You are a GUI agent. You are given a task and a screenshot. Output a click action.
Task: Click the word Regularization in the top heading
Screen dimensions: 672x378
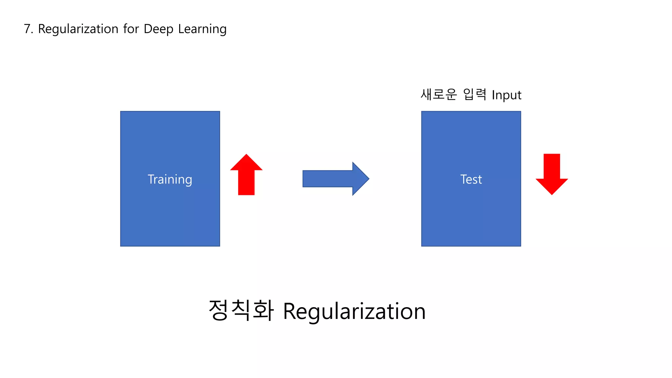[x=78, y=29]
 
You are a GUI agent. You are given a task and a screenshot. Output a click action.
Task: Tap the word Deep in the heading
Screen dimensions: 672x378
[x=158, y=29]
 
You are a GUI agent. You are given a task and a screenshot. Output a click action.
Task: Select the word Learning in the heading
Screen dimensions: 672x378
[x=202, y=29]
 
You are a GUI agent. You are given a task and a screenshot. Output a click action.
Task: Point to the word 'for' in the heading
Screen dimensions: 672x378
[x=131, y=29]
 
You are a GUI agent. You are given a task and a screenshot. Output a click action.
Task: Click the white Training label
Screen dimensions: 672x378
[x=170, y=179]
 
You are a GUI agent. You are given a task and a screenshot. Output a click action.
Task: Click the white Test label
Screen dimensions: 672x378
[x=471, y=179]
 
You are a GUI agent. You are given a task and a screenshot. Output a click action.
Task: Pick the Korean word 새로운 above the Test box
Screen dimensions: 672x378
[x=438, y=94]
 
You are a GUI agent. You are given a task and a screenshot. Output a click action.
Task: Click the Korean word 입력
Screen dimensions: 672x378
[x=474, y=94]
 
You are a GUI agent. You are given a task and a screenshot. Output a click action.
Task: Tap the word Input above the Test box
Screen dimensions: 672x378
[x=506, y=95]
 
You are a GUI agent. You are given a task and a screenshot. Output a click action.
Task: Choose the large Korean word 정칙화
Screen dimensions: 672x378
[x=241, y=310]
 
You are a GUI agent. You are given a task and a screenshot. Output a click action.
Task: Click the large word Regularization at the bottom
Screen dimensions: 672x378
[x=354, y=311]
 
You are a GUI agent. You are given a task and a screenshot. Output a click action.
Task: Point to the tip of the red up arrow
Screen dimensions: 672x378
[x=246, y=155]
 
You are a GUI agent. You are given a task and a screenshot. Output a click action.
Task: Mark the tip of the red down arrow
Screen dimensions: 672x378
[x=552, y=194]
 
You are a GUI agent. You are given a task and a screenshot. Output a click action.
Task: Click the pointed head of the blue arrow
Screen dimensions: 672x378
[x=367, y=179]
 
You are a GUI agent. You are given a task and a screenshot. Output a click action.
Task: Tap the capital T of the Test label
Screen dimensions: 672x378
[x=463, y=179]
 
